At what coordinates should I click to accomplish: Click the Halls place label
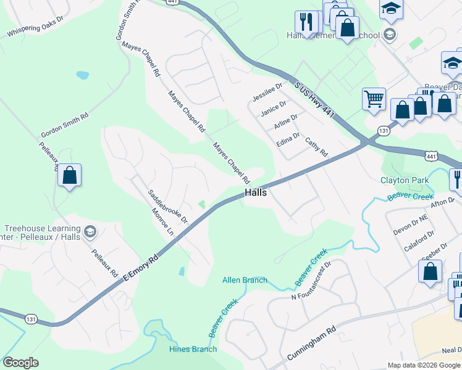tap(256, 192)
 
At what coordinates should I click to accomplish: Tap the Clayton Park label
tap(404, 181)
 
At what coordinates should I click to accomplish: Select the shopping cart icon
tap(374, 99)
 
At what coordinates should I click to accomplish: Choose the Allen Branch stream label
tap(245, 280)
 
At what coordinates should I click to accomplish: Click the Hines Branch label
tap(193, 349)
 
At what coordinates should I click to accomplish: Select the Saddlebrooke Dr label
tap(167, 206)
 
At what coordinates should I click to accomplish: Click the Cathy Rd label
tap(316, 147)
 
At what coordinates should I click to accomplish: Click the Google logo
tap(20, 363)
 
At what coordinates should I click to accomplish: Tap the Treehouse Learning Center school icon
tap(90, 232)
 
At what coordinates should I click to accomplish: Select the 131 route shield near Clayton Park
tap(384, 131)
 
